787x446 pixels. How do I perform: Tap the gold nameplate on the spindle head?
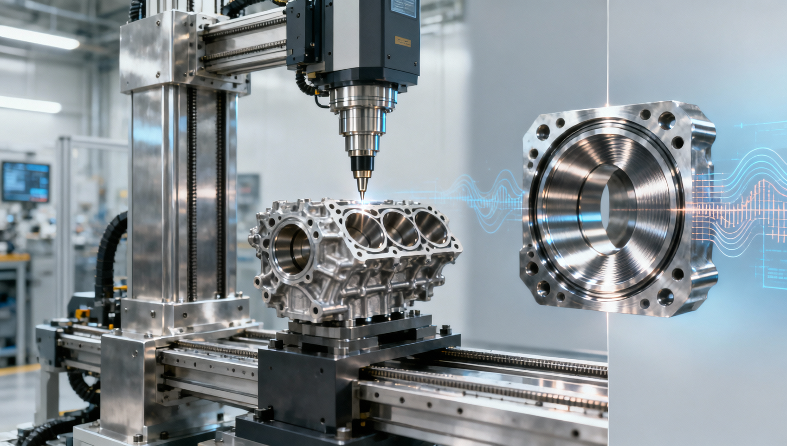(403, 42)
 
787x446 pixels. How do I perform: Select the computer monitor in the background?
(26, 181)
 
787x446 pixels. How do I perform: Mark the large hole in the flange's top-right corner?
(666, 122)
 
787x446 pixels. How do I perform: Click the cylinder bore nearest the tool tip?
(365, 225)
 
